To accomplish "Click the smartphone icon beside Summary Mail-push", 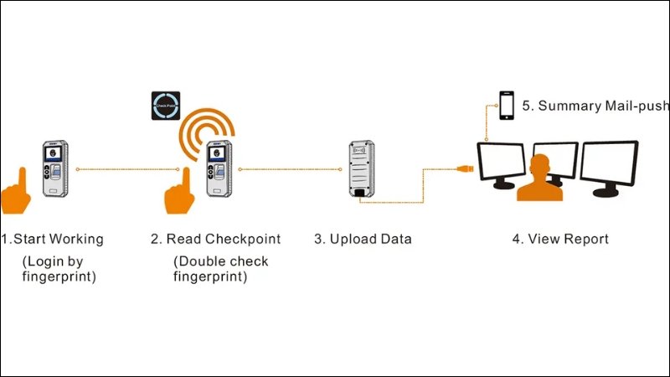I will click(x=507, y=106).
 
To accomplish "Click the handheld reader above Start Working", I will click(x=56, y=169).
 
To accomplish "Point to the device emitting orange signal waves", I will click(x=219, y=169).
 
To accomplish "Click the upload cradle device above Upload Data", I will click(x=361, y=170).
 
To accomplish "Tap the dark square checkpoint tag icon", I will click(x=166, y=104).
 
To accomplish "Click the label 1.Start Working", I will click(x=52, y=239).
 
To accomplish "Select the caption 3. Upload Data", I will click(x=363, y=239).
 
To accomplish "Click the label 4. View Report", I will click(x=560, y=239).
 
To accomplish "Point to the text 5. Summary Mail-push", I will click(x=595, y=106).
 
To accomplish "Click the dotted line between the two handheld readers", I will click(x=126, y=169).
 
